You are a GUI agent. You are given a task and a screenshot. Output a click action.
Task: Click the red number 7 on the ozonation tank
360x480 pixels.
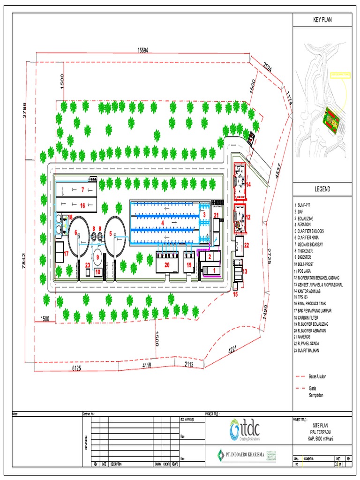(82, 190)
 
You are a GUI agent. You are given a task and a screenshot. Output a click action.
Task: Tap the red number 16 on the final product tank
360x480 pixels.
(82, 205)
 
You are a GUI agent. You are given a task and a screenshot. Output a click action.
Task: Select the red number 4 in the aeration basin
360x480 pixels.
(163, 224)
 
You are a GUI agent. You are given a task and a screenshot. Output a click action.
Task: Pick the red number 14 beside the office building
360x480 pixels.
(249, 185)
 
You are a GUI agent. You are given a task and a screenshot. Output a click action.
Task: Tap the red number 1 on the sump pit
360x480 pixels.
(214, 270)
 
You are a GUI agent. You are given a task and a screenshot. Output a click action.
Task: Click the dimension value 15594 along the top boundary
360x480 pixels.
(142, 51)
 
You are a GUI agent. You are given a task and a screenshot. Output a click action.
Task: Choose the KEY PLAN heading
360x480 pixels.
(322, 20)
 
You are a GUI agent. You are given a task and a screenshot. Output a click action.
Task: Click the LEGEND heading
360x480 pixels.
(322, 189)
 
